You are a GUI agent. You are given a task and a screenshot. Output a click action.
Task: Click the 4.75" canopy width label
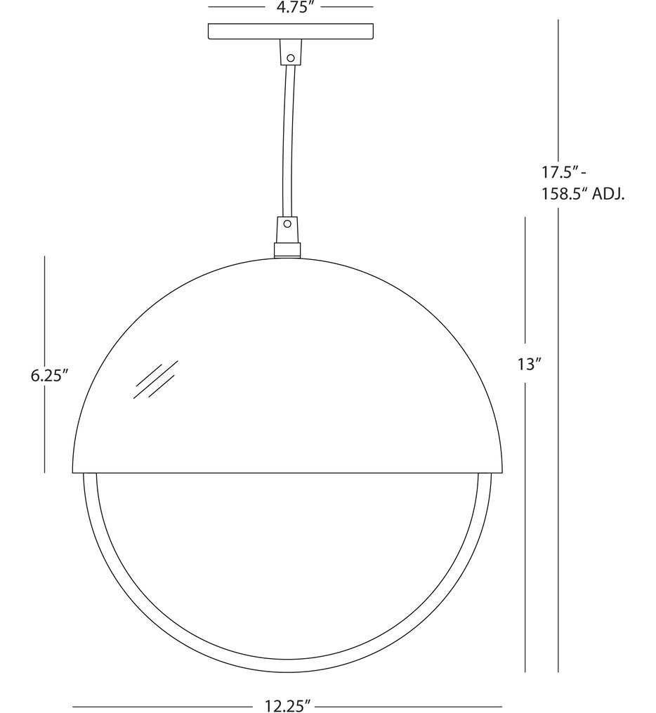(290, 8)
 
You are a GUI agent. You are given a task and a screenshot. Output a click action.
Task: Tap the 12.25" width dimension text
(287, 705)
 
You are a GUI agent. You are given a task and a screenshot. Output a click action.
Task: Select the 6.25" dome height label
(48, 375)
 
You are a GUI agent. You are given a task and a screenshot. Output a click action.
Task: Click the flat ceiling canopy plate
(290, 32)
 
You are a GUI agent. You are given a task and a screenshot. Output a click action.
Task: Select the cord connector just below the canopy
(288, 52)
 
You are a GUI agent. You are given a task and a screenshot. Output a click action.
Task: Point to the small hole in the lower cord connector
(287, 226)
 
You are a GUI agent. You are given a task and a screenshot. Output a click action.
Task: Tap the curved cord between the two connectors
(286, 140)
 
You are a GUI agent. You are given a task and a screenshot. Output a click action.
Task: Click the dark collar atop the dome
(287, 249)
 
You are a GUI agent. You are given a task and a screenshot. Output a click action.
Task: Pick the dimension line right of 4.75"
(348, 7)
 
